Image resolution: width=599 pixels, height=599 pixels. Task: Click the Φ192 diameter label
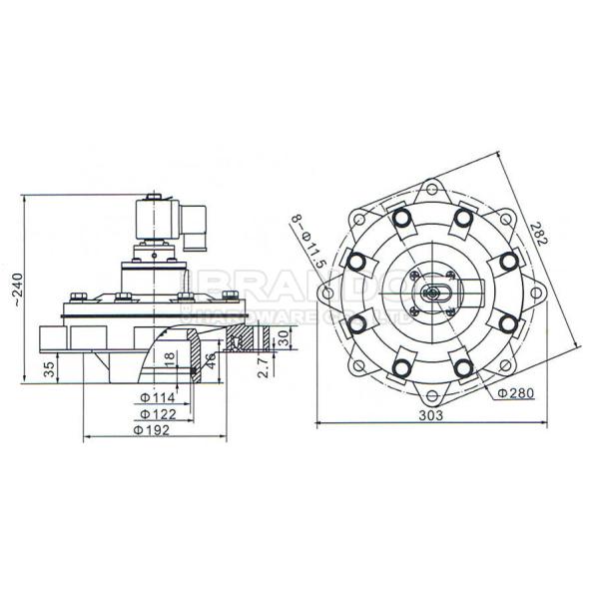click(153, 430)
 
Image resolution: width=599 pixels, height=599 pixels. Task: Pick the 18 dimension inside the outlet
click(170, 358)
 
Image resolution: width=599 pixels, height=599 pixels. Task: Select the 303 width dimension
click(432, 414)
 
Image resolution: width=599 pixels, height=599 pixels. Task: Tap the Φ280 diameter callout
click(516, 393)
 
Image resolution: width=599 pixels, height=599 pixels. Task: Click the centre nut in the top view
click(431, 293)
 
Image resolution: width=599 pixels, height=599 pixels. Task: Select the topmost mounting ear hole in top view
click(431, 185)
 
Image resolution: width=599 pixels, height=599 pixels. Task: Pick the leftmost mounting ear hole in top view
click(325, 293)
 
